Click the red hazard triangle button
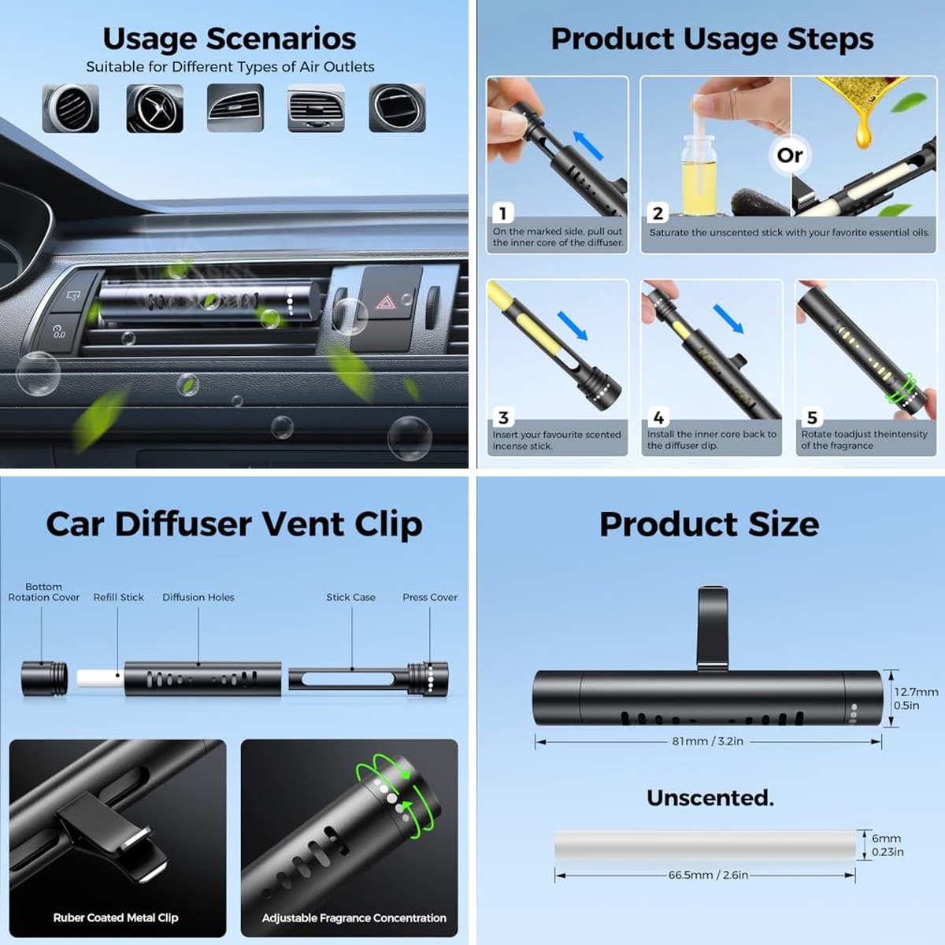(386, 302)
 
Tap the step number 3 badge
(503, 417)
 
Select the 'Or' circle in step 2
(790, 155)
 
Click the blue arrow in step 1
(588, 146)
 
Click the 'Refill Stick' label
(119, 597)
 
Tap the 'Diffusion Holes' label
(198, 597)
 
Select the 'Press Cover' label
(430, 597)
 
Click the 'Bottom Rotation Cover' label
(43, 592)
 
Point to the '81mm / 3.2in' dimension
(707, 741)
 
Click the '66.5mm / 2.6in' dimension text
(708, 875)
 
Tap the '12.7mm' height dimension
(916, 692)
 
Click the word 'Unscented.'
(710, 798)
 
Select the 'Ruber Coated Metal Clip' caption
(116, 917)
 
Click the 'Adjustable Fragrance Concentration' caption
(354, 917)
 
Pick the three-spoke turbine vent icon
(154, 108)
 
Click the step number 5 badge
(812, 417)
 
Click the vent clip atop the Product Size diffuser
(712, 628)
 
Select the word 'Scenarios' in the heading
(281, 39)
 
